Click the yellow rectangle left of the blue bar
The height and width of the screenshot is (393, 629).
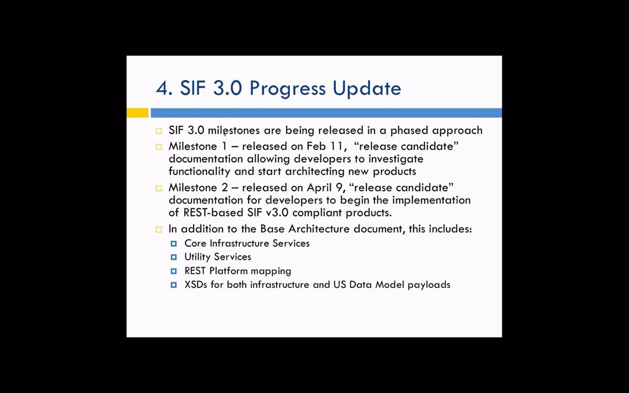[x=137, y=113]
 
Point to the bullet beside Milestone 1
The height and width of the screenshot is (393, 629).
[x=159, y=147]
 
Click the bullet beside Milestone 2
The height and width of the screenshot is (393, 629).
[x=159, y=188]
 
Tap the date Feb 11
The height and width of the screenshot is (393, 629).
[x=325, y=146]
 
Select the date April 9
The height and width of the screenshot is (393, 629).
[x=325, y=188]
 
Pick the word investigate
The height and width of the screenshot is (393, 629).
[x=396, y=159]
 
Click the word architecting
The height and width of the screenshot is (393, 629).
[x=314, y=172]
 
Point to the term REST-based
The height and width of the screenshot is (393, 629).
[x=213, y=212]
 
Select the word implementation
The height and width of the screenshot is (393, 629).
[x=431, y=200]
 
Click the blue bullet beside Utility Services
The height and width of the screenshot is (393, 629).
[x=173, y=257]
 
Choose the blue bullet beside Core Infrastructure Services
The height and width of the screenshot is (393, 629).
[x=173, y=244]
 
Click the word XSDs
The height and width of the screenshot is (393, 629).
[x=196, y=285]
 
